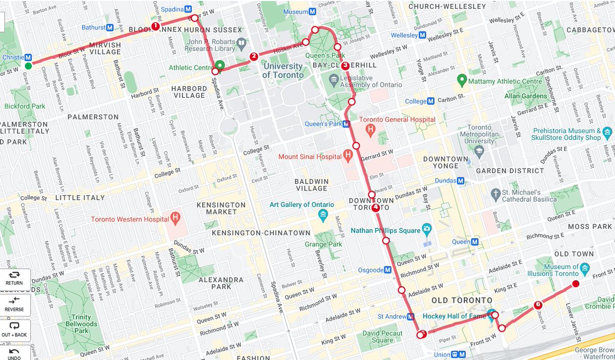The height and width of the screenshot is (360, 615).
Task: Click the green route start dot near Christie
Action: pos(28,66)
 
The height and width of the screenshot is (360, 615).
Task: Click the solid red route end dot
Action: pos(576,284)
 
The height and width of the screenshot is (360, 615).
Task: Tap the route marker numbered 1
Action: pos(155,26)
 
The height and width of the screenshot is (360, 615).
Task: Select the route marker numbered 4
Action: pos(376,207)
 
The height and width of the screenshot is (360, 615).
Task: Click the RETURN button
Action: pos(14,279)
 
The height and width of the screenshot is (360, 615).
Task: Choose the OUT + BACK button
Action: pos(14,330)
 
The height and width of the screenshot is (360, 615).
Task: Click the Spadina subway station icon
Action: pos(189,9)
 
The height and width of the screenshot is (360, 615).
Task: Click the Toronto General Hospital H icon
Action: pos(369,130)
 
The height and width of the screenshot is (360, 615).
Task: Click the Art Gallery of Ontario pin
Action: pos(323,214)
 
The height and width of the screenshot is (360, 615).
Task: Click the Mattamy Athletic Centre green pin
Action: pos(462,80)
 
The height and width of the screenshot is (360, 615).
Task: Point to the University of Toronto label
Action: pos(282,71)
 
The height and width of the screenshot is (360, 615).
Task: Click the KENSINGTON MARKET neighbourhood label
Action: pos(221,208)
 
